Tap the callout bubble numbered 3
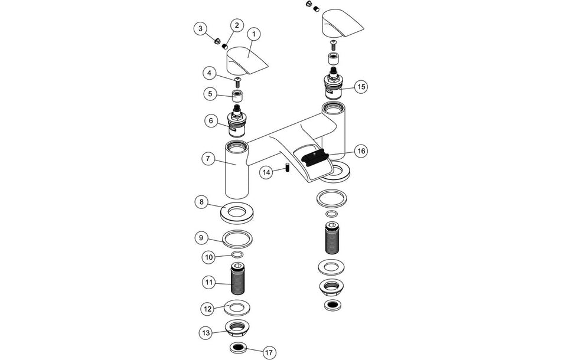201,28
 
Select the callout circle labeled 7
208,159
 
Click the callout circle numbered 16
361,151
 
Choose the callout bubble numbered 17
269,352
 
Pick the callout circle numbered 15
361,87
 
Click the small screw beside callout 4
239,80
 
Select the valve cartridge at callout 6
239,122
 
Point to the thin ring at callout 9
239,238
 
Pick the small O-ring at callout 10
239,255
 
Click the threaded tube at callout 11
239,281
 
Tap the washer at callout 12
239,307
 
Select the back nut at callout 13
239,328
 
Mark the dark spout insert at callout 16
314,157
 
